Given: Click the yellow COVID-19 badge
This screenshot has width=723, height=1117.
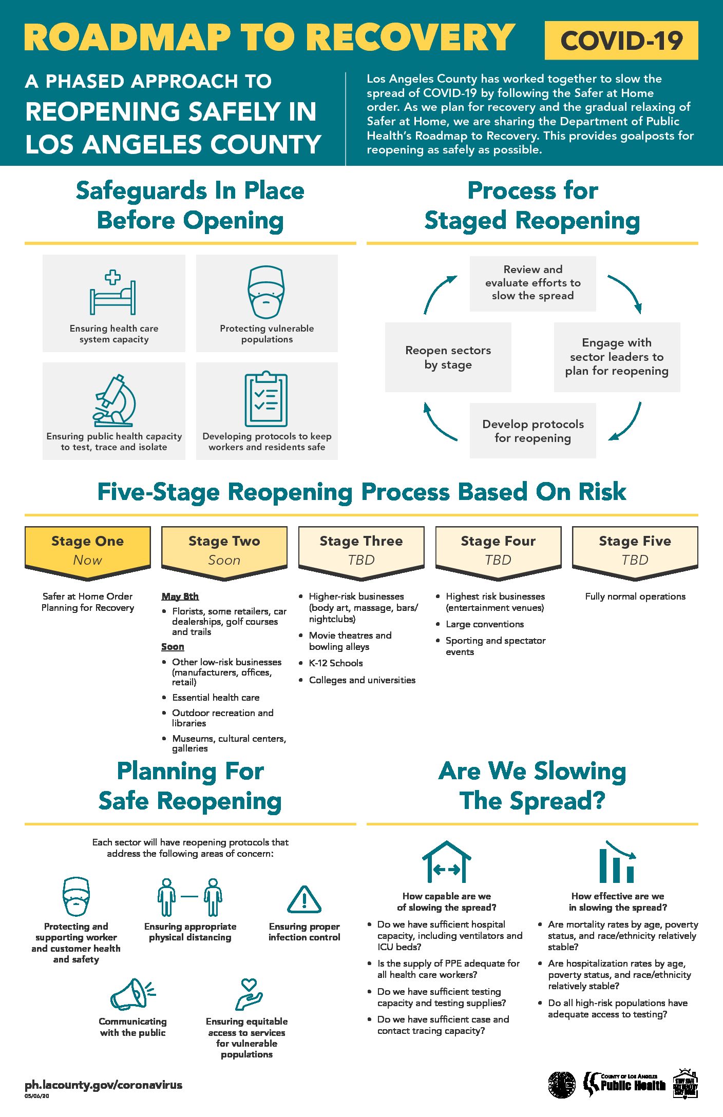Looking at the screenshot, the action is (621, 41).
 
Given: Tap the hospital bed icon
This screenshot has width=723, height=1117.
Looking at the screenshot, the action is (113, 292).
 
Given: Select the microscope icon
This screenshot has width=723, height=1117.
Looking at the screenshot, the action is (114, 400).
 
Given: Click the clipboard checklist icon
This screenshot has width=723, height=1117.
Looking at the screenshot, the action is (266, 398).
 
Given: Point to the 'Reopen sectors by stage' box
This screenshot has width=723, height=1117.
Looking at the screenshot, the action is (448, 357).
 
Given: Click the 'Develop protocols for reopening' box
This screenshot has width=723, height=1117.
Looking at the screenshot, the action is (533, 431).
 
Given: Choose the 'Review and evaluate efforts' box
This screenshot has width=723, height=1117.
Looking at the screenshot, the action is (533, 283).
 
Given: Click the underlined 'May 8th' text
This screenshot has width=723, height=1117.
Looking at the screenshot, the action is (180, 596).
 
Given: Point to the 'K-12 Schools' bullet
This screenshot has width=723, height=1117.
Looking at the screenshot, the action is (336, 663).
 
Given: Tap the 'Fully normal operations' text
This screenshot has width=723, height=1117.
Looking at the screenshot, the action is (635, 596).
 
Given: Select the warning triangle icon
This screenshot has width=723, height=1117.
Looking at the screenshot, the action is (304, 899).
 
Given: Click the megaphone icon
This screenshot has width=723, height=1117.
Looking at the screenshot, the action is (132, 994).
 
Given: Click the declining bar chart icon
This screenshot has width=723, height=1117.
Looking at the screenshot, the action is (617, 861).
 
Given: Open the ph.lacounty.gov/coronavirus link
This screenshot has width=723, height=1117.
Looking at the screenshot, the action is (104, 1085).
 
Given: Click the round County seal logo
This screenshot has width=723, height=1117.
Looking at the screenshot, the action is (562, 1085).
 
